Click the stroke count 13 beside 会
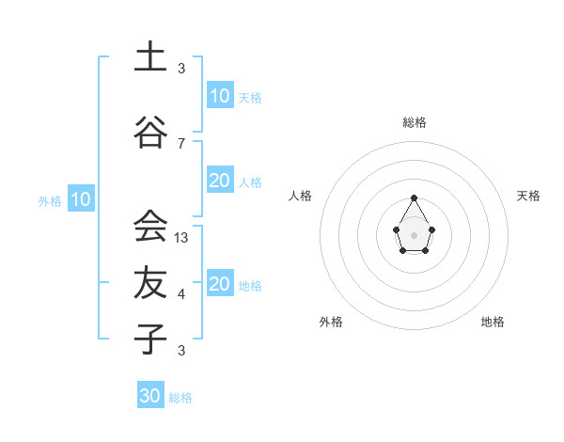(182, 238)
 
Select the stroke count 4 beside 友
(181, 294)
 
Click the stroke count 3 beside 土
(181, 68)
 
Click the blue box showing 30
(150, 396)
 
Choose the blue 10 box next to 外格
(80, 199)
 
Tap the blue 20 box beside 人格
(220, 182)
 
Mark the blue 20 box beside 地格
(220, 285)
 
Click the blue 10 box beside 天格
(220, 96)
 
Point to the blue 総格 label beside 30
(180, 398)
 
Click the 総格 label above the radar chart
(414, 122)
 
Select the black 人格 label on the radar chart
(301, 196)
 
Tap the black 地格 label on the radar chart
(493, 322)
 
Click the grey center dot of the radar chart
(414, 234)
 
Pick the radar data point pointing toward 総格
(414, 197)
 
